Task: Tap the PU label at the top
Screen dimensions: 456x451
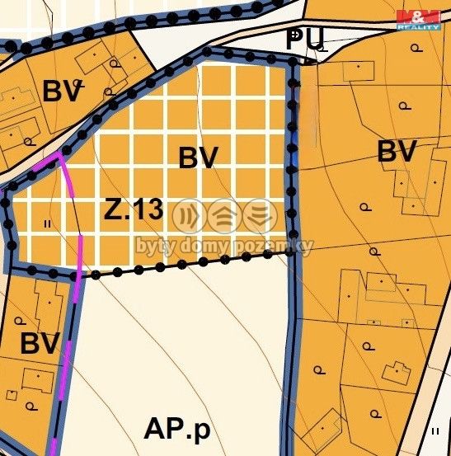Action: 306,38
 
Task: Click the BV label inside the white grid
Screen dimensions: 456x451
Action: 198,157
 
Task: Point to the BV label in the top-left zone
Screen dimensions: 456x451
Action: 63,92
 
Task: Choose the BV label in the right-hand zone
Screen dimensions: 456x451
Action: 397,152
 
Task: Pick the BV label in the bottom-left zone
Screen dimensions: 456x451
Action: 40,343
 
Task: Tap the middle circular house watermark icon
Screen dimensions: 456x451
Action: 223,217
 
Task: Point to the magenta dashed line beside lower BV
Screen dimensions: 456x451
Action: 71,346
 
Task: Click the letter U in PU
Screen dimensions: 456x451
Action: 316,38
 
